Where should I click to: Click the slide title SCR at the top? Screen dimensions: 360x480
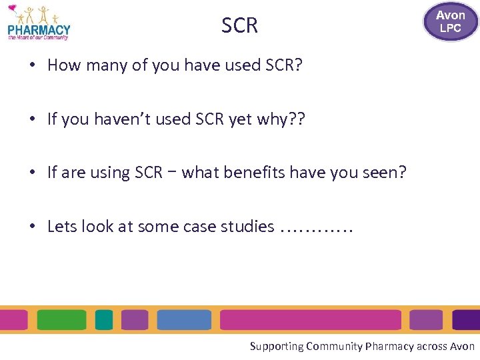coord(239,25)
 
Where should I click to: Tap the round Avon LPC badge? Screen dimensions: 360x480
coord(450,21)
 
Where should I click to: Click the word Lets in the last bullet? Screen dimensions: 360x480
coord(62,227)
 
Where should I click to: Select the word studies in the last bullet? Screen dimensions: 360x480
coord(247,227)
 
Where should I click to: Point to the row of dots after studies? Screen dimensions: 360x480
coord(317,229)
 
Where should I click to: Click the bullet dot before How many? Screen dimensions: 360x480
coord(32,66)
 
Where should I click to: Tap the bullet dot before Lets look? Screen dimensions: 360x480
coord(32,227)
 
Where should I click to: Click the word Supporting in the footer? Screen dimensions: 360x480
coord(277,346)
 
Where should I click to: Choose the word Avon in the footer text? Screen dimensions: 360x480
coord(463,346)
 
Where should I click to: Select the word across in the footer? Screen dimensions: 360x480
coord(432,346)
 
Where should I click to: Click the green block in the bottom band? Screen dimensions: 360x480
coord(61,320)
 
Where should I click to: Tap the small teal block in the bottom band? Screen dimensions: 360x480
coord(104,320)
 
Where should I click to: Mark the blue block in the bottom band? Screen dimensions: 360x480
coord(184,320)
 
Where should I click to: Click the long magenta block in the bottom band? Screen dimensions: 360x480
coord(310,320)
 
